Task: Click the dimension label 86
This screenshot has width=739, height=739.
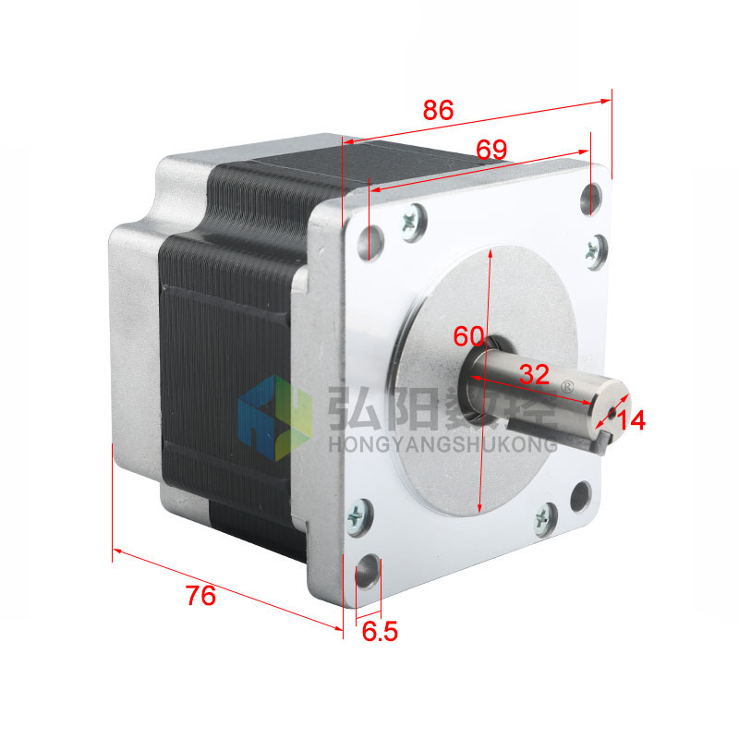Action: pyautogui.click(x=439, y=110)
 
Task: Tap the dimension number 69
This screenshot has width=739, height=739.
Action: pyautogui.click(x=492, y=149)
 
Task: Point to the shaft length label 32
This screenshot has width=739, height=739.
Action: pyautogui.click(x=534, y=373)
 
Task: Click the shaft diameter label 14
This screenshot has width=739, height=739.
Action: pyautogui.click(x=631, y=420)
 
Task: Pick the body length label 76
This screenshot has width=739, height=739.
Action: pyautogui.click(x=200, y=596)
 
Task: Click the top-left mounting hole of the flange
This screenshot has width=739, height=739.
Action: pyautogui.click(x=371, y=241)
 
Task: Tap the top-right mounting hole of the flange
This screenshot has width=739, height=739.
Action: pyautogui.click(x=592, y=197)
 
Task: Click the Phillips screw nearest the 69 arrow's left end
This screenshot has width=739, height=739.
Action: pyautogui.click(x=413, y=222)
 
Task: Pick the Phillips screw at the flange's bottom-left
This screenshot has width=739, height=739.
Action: pyautogui.click(x=357, y=514)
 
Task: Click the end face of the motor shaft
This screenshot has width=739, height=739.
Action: pyautogui.click(x=608, y=407)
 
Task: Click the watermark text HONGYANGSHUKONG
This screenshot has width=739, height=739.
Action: pyautogui.click(x=442, y=445)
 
